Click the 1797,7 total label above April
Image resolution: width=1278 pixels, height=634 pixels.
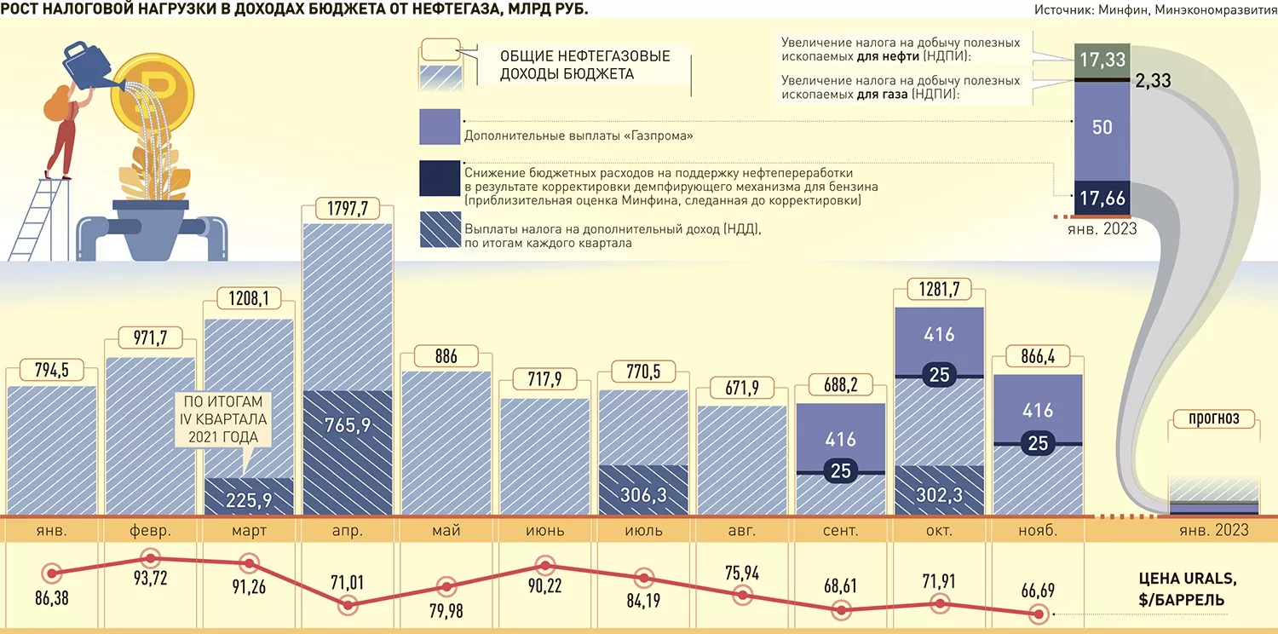tap(348, 208)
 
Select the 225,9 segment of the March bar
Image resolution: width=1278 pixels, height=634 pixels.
tap(249, 497)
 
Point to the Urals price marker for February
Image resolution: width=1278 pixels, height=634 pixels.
tap(151, 558)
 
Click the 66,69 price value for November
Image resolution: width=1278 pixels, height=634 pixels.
tap(1038, 590)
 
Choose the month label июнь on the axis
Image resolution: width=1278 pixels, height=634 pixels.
tap(545, 531)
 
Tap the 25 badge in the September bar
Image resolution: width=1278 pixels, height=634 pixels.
tap(841, 470)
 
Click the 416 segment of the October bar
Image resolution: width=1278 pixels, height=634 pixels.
tap(939, 342)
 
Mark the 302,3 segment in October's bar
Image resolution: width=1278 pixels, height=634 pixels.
tap(939, 491)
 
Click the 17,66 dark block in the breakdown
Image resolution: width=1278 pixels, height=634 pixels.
tap(1102, 199)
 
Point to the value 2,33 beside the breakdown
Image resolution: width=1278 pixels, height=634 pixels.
tap(1153, 80)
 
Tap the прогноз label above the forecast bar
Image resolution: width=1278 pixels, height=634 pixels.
tap(1213, 418)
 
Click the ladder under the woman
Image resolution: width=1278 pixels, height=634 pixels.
tap(40, 219)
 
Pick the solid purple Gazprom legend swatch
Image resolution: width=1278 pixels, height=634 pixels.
tap(440, 127)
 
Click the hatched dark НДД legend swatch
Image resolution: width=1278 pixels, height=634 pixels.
tap(440, 229)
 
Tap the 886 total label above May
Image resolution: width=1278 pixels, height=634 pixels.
tap(446, 356)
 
